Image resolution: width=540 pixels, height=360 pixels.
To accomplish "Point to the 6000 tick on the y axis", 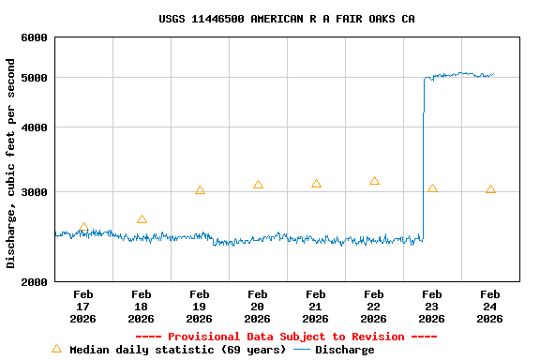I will pos(34,37).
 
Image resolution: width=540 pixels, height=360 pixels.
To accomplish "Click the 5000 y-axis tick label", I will pos(34,78).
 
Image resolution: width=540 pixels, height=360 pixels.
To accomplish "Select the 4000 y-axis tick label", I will pos(34,127).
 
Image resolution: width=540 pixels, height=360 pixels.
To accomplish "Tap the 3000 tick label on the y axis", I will pos(34,192).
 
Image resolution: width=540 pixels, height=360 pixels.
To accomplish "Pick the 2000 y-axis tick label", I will pos(34,282).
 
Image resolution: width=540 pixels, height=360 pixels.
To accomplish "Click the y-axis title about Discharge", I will pos(11,163).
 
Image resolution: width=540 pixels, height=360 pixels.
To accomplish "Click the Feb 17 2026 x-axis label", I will pos(82,307).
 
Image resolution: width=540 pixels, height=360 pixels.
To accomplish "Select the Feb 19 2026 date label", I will pos(199,307).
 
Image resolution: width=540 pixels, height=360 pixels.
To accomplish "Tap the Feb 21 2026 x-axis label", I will pos(315,307).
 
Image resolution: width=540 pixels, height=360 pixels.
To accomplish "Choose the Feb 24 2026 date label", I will pos(489,307).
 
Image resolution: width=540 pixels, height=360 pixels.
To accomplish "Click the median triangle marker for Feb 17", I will pos(83,228).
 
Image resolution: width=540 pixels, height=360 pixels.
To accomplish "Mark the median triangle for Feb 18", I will pos(142,220).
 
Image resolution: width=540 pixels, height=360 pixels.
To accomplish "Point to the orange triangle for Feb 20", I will pos(258,186).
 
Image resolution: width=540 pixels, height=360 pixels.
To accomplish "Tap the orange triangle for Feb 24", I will pos(490,190).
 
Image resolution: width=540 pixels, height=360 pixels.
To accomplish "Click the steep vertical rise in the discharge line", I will pos(424,159).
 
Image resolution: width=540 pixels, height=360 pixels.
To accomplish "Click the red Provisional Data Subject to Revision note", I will pos(286,337).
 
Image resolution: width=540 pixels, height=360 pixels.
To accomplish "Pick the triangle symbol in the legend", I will pos(56,349).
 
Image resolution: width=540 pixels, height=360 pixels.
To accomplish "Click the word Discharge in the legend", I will pos(344,350).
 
